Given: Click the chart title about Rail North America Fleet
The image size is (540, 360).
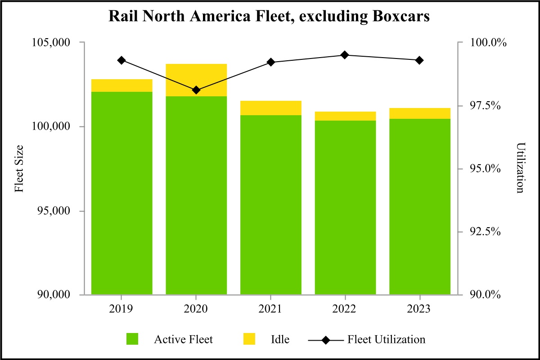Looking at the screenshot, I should [270, 16].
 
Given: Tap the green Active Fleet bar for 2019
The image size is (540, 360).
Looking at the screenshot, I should [121, 193].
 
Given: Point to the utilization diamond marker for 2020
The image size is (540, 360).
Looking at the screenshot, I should [196, 90].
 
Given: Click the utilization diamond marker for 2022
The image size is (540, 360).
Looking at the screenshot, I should [345, 55].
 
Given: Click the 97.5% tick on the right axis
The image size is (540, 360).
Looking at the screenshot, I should [488, 105].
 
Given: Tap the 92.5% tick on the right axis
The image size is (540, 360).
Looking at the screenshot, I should [488, 232].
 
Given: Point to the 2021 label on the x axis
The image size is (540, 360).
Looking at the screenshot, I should [270, 310].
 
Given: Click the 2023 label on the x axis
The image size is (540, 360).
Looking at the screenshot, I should [419, 310].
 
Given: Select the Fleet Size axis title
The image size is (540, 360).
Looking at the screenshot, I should [19, 168].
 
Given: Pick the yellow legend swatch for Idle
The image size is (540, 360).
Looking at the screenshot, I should [248, 339].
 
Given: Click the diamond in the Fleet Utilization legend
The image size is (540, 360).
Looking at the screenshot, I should [325, 339].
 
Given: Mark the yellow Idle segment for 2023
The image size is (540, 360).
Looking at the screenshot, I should [419, 113].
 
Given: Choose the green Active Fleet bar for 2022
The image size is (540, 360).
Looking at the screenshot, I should [345, 207].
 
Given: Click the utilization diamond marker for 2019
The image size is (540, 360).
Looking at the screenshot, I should [121, 60].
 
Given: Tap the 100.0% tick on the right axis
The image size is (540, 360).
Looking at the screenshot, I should [488, 43].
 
